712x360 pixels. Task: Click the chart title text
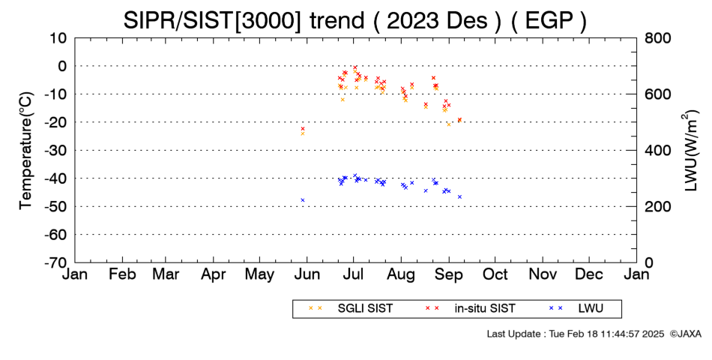(355, 20)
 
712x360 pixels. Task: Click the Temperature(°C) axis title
(26, 151)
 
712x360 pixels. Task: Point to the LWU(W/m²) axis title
(690, 151)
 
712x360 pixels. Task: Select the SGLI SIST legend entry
(351, 309)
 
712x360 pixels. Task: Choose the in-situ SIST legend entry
(471, 309)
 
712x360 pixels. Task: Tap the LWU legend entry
(576, 309)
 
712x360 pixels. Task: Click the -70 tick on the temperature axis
(56, 262)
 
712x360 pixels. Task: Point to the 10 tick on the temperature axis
(58, 37)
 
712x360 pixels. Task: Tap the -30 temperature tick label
(56, 151)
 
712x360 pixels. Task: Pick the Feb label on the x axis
(123, 274)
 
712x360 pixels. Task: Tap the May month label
(260, 275)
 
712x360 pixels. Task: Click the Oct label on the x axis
(495, 274)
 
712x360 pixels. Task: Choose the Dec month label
(589, 274)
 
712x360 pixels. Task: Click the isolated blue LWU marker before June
(303, 200)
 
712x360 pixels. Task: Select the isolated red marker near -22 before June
(303, 129)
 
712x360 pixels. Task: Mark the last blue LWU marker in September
(459, 196)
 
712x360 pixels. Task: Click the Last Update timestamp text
(576, 334)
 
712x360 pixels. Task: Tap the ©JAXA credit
(685, 334)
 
